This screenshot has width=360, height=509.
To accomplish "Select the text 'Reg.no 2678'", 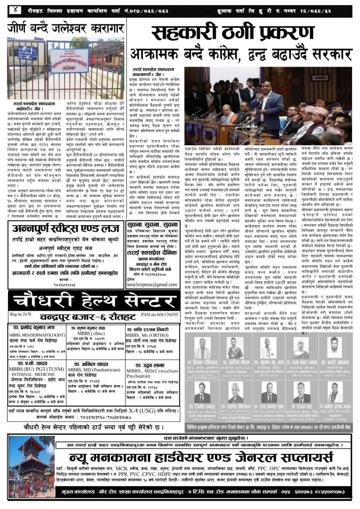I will (x=19, y=316).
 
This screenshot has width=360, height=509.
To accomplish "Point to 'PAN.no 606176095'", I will (x=165, y=316).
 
